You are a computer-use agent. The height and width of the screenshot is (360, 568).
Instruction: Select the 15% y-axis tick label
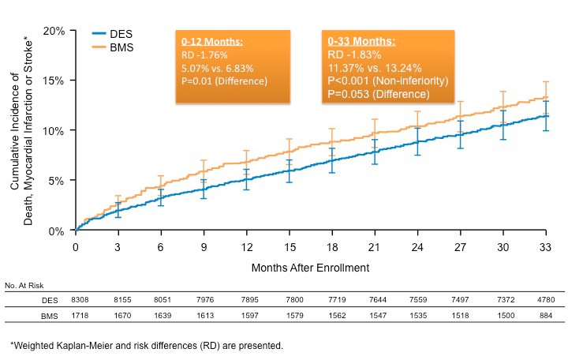54,81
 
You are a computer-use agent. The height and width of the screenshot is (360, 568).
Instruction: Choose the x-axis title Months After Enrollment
310,267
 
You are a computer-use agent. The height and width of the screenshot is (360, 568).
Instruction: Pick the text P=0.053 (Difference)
377,94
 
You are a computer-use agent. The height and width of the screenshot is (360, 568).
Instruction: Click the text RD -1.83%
354,55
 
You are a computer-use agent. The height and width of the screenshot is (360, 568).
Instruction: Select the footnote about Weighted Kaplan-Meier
146,346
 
